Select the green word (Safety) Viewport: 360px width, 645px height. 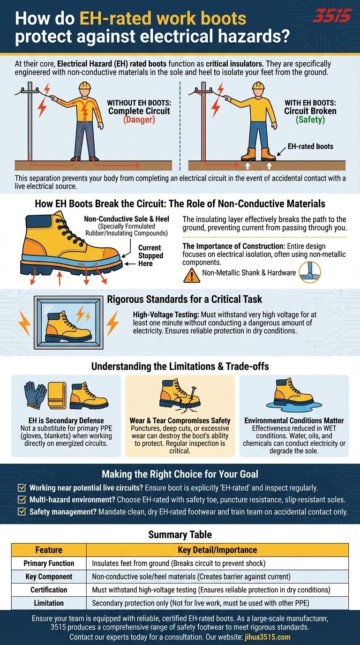click(x=310, y=120)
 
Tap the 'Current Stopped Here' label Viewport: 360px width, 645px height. click(x=150, y=256)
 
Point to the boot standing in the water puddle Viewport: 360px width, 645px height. click(x=294, y=392)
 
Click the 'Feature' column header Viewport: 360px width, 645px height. click(x=49, y=550)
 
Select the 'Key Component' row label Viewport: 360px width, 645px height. click(x=49, y=577)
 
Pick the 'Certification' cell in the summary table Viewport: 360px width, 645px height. click(x=49, y=590)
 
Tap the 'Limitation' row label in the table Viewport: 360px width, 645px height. click(x=49, y=603)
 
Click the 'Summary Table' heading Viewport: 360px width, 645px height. click(x=180, y=534)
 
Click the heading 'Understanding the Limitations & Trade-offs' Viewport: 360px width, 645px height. click(x=180, y=366)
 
